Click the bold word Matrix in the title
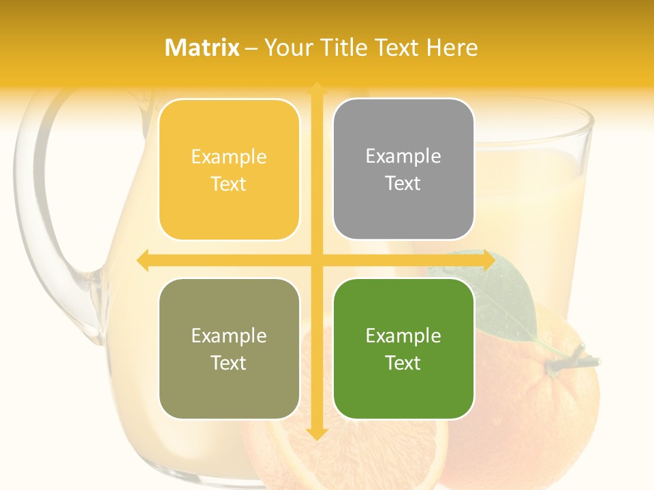(202, 48)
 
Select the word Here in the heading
(452, 48)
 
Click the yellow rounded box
(229, 169)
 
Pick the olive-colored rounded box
(229, 348)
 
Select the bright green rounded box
(403, 348)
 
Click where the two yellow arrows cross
(316, 260)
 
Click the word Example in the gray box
(403, 156)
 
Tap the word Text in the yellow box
(229, 184)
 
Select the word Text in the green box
(403, 363)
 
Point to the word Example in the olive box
(229, 336)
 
